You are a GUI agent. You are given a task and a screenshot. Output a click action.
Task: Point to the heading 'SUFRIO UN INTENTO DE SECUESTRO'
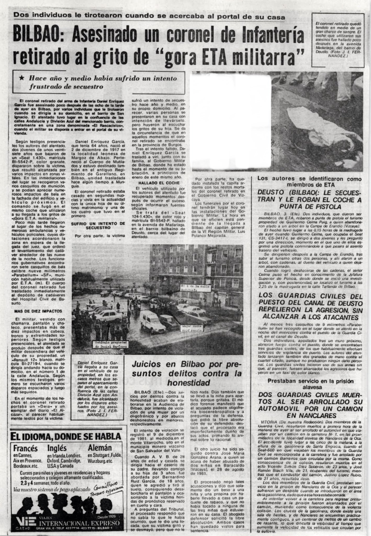[98, 226]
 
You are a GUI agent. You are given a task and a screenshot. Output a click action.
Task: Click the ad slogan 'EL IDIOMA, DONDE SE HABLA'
[65, 437]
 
